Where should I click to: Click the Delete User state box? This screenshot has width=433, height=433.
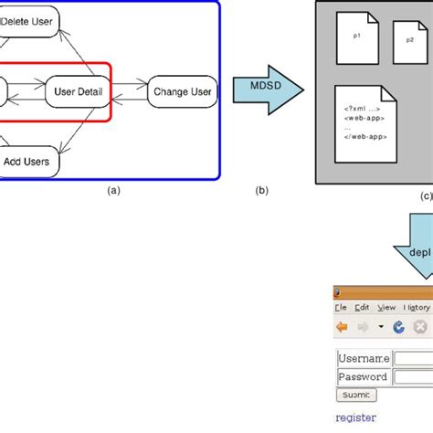pos(29,21)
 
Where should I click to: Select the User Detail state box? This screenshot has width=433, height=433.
pos(78,91)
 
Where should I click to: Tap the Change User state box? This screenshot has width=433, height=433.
pos(183,91)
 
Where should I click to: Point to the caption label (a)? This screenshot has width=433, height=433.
pos(113,191)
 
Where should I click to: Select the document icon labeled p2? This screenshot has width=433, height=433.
pos(408,41)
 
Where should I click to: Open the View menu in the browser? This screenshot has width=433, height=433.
pos(386,308)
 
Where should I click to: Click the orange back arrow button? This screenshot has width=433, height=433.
pos(342,327)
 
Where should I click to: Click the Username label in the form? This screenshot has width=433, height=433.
pos(364,358)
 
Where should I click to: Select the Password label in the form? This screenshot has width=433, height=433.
pos(363,376)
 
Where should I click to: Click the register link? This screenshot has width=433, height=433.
pos(355,417)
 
